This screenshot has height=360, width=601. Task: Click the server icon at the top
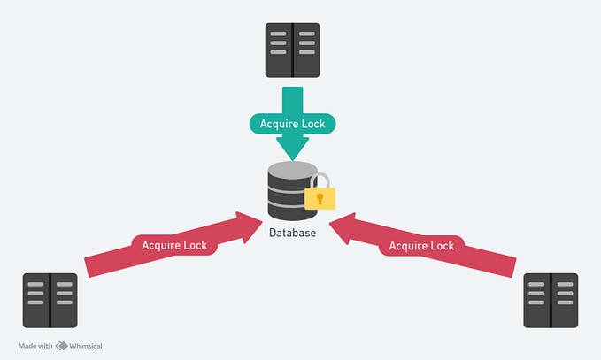[292, 50]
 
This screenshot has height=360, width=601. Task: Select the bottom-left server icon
[50, 301]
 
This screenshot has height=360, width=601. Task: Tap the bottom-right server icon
[551, 301]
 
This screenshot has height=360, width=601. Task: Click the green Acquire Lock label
[292, 124]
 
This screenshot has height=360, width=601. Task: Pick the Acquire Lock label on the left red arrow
[174, 244]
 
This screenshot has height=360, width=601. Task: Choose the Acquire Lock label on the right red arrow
[422, 244]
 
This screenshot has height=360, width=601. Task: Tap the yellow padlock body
[320, 197]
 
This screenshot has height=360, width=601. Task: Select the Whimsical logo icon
[62, 346]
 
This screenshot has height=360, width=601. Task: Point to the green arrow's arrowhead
[292, 147]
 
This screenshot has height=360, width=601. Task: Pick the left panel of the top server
[279, 50]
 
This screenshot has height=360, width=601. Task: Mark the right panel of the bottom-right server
[564, 301]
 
